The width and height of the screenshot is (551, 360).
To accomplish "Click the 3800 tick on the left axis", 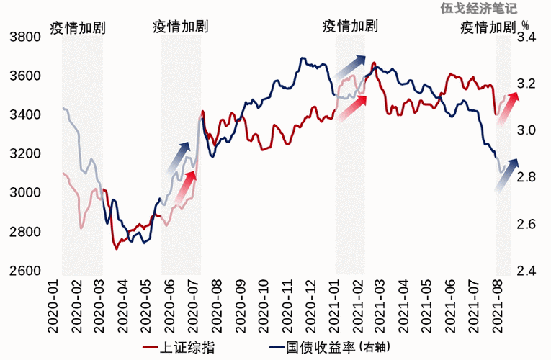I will pos(23,37).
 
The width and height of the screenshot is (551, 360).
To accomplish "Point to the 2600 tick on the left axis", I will pos(23,271).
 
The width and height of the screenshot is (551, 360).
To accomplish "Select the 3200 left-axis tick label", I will pos(23,154).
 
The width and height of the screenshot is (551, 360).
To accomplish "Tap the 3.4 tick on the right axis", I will pos(527,37).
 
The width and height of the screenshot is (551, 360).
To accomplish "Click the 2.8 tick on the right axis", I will pos(527,177).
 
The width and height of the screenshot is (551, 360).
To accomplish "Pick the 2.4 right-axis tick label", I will pos(527,271).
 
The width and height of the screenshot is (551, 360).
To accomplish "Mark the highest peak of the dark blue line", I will pos(303,58).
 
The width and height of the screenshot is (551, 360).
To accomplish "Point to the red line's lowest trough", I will pos(116,249).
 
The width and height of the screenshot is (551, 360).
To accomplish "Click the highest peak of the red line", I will pos(373,63).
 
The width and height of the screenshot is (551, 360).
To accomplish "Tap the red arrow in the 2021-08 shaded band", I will pos(509,104).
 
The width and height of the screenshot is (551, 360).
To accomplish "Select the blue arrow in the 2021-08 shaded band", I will pos(506,175).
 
